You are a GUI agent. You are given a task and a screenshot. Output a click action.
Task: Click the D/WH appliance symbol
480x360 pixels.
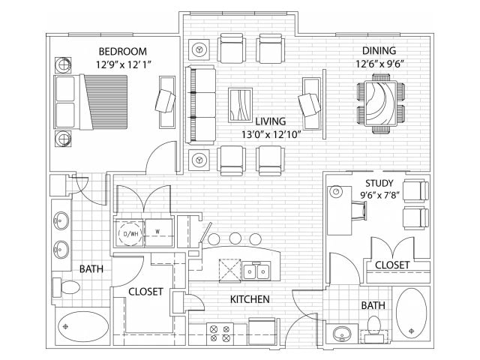[130, 234]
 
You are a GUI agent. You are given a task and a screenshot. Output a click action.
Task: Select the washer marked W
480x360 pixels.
[158, 232]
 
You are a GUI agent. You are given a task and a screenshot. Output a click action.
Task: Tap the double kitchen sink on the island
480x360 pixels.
[256, 271]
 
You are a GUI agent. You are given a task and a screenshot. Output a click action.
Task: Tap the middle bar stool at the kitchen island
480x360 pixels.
[234, 238]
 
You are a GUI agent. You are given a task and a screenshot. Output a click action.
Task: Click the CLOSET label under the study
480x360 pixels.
[392, 265]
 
